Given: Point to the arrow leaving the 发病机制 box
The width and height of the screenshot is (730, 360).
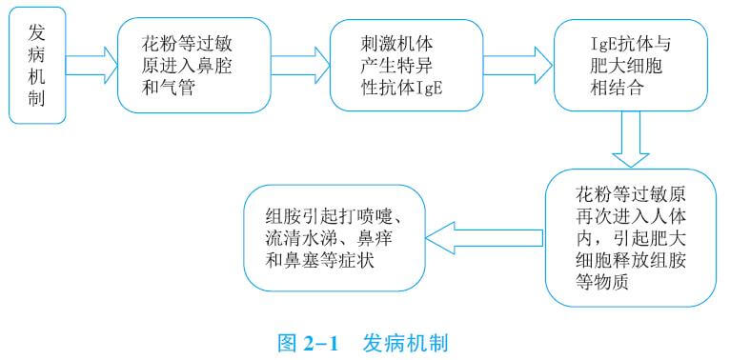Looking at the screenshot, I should tap(91, 67).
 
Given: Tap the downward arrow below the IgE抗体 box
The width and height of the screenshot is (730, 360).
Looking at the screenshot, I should tap(630, 139).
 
